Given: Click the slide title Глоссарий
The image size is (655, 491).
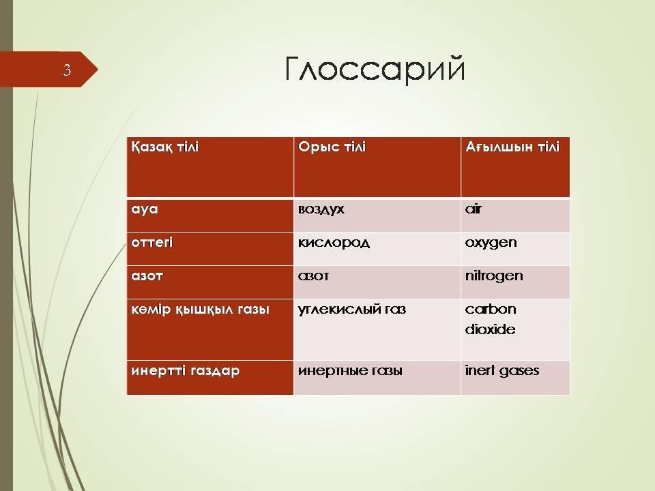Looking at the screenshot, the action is [375, 69].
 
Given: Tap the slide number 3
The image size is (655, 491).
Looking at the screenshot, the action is [67, 70].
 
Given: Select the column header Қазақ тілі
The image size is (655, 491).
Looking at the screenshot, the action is [165, 147].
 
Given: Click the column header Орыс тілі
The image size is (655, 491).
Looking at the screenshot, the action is [332, 147].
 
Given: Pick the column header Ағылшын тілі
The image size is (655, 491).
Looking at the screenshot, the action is [512, 147].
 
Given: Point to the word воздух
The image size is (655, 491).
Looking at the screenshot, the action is [321, 209].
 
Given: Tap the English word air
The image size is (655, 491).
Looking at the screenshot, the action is [474, 209].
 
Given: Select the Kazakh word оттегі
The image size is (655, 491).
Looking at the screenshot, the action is [152, 243].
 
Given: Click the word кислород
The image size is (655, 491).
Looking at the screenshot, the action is [334, 243].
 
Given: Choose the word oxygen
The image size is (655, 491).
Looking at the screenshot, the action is [491, 243].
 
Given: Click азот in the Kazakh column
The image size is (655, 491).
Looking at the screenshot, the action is [147, 276].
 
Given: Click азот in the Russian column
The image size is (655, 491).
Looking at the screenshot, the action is [313, 276].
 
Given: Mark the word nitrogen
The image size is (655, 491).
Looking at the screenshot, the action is [494, 276].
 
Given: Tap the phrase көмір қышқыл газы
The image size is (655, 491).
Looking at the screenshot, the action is [200, 310].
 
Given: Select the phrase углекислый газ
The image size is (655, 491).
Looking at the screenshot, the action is [352, 310].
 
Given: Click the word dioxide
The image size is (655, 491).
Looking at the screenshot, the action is [490, 329].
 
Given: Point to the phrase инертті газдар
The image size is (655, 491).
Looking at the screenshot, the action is [186, 371].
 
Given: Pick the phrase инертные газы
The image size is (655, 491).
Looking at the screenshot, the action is [350, 371].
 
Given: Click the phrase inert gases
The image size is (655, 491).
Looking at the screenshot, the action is [501, 371].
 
